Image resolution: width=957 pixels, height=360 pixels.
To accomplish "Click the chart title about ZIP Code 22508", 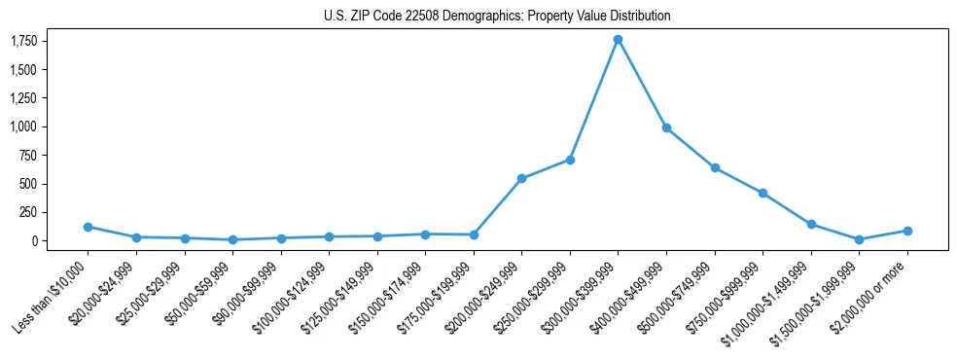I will pos(497,16).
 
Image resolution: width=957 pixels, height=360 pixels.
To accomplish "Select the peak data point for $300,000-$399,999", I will pos(618,40).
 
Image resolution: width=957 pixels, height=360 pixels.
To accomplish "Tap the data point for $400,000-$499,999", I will pos(666,127).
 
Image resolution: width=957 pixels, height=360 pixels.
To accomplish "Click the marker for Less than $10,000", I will pos(88,227).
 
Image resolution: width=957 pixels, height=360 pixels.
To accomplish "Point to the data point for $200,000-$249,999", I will pos(521,178).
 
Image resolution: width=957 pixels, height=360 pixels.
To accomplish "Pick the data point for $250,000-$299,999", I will pos(570,160).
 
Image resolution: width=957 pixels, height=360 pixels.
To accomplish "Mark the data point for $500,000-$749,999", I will pos(715,167).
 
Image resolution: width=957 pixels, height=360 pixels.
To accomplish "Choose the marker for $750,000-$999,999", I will pos(762,193).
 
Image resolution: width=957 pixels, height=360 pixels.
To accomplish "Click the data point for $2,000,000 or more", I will pos(907,231).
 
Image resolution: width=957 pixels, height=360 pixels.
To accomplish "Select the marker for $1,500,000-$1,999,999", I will pos(859,239).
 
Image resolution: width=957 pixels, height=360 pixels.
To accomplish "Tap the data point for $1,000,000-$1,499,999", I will pos(811,224).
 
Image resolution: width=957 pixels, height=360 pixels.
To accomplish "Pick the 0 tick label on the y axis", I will pos(34,240).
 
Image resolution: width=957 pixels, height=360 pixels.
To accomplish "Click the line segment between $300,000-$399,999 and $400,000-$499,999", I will pos(642,84).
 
